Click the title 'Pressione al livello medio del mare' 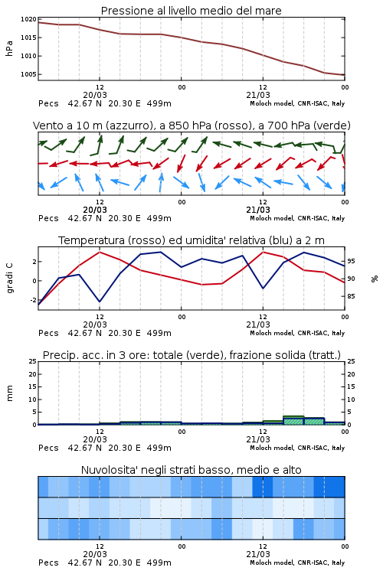coord(191,11)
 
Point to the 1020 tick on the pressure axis coord(28,19)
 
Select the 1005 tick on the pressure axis coord(28,74)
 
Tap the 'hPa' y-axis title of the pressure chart coord(9,48)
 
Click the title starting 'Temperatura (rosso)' coord(191,240)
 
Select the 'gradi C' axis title coord(9,278)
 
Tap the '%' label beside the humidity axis coord(375,279)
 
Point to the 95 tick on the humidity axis coord(351,262)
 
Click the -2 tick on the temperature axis coord(32,300)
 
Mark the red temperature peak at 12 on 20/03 coord(100,252)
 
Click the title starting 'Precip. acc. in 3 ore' coord(191,355)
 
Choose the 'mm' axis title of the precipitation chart coord(9,393)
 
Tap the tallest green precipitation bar coord(293,420)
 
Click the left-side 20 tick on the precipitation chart coord(33,374)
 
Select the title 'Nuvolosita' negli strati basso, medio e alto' coord(191,470)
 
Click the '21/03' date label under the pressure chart coord(258,95)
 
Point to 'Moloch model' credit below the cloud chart coord(272,563)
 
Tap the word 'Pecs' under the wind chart coord(48,218)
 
